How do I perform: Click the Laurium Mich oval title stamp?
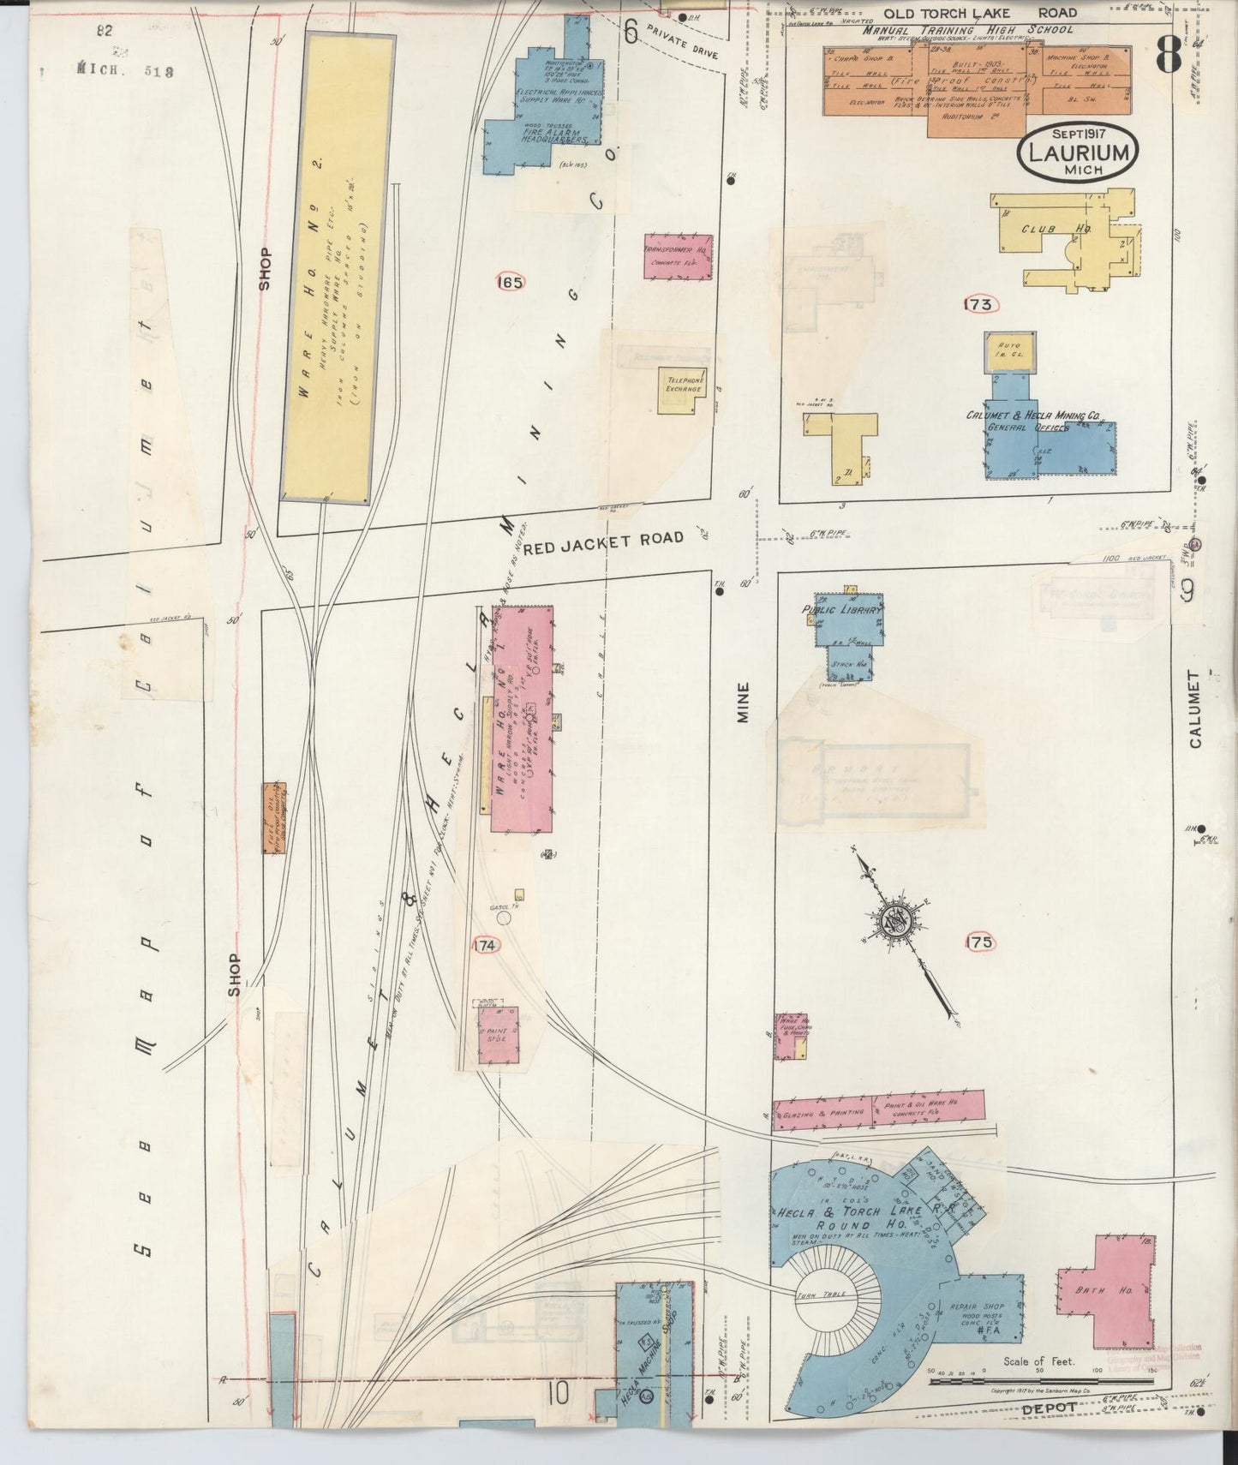1078,152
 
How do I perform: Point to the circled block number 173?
981,304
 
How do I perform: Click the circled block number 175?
979,942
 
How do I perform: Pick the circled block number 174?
484,945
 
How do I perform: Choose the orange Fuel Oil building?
274,817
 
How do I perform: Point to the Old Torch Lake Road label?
980,13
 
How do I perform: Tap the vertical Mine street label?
742,702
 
